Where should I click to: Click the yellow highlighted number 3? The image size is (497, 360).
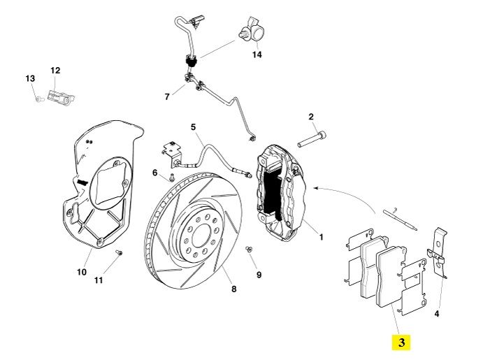[x=401, y=343]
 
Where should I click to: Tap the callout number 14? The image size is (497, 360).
[x=257, y=55]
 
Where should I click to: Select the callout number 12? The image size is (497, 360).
[x=55, y=71]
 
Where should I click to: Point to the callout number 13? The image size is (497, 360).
[x=30, y=79]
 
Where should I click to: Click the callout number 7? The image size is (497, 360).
[x=166, y=96]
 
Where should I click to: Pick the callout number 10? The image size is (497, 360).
[x=82, y=272]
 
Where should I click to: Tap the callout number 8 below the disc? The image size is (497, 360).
[x=233, y=289]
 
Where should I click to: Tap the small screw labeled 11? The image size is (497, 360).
[x=119, y=252]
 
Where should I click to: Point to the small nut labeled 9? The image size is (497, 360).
[x=248, y=248]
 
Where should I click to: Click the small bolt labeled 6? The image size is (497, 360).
[x=171, y=180]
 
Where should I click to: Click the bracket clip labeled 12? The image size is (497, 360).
[x=61, y=97]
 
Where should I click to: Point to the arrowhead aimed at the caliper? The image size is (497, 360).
[x=317, y=187]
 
